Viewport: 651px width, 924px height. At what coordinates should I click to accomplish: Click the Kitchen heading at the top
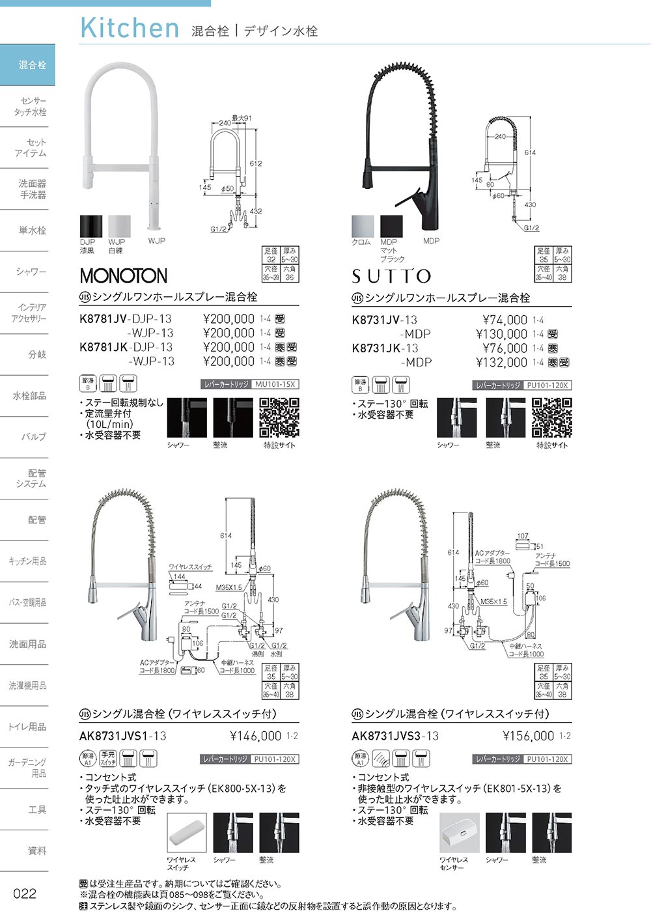click(x=130, y=28)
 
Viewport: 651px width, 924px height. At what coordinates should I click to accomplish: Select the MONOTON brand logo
click(x=123, y=275)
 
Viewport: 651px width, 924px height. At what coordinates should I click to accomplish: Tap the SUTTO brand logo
click(x=391, y=276)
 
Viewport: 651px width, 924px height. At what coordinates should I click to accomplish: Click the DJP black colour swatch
click(x=88, y=227)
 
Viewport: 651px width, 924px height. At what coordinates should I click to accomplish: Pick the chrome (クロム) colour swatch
click(x=362, y=227)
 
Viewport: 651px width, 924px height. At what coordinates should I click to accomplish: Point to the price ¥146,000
click(x=256, y=736)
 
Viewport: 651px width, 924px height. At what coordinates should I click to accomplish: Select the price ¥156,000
click(x=528, y=736)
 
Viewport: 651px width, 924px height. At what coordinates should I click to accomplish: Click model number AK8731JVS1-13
click(x=122, y=736)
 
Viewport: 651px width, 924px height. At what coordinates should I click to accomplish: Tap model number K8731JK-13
click(x=385, y=348)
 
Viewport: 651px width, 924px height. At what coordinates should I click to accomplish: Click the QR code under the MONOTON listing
click(x=279, y=417)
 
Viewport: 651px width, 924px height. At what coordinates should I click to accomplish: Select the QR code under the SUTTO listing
click(x=551, y=417)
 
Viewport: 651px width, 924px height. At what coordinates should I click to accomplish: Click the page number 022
click(x=25, y=893)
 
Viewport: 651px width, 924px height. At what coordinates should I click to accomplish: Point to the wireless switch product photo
click(x=186, y=833)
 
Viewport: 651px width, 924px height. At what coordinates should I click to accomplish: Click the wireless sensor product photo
click(x=459, y=833)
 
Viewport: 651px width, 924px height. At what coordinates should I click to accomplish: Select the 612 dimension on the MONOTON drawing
click(x=255, y=163)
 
